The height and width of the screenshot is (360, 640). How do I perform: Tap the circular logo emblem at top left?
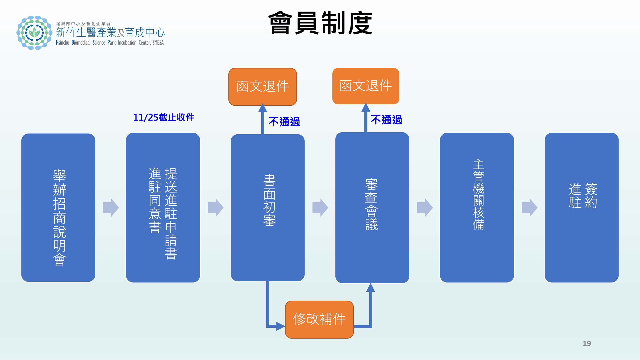[x=34, y=33]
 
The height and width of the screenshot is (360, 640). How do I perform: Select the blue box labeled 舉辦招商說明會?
[x=58, y=208]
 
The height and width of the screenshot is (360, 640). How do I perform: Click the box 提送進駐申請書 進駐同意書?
[x=163, y=208]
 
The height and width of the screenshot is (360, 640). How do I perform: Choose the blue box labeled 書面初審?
[x=268, y=208]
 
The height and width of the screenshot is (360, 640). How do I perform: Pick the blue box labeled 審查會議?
[x=372, y=208]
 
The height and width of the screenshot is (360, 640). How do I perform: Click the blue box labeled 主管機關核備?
[x=477, y=208]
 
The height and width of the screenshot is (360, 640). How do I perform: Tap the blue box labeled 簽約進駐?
[x=582, y=208]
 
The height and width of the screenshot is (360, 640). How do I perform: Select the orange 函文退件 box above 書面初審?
[x=263, y=87]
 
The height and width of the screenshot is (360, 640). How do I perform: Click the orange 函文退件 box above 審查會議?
[x=366, y=86]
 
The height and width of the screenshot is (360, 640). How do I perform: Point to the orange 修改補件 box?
[x=319, y=319]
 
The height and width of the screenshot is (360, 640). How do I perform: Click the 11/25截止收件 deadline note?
[x=163, y=117]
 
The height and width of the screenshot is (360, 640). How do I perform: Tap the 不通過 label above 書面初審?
[x=284, y=122]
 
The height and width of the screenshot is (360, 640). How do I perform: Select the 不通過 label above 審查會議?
[x=386, y=120]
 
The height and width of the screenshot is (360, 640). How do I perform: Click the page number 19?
[x=587, y=343]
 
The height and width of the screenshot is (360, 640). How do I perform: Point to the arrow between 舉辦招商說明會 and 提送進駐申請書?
[x=111, y=208]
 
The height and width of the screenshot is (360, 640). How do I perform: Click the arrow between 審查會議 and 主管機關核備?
[x=425, y=208]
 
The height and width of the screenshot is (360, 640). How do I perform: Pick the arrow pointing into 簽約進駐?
[x=529, y=208]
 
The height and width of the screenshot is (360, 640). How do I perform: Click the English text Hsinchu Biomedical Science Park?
[x=86, y=43]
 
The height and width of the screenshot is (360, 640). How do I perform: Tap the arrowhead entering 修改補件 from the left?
[x=281, y=326]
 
